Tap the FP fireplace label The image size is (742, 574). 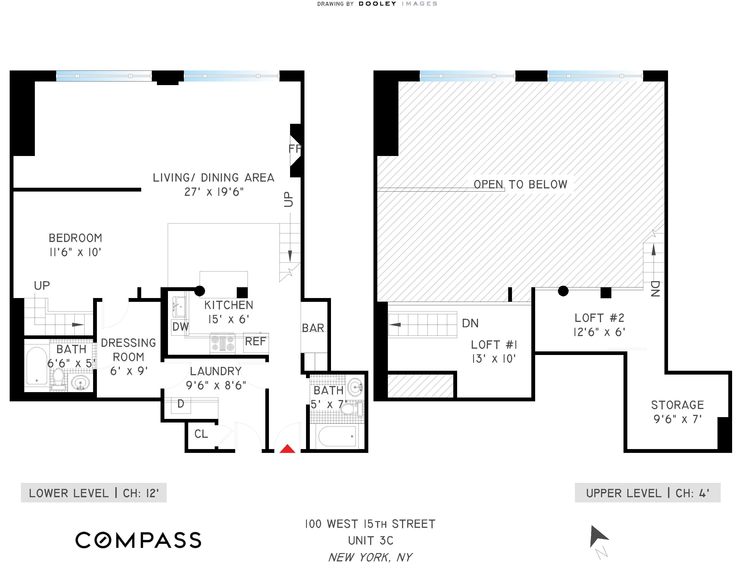click(295, 149)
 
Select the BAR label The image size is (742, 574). click(313, 328)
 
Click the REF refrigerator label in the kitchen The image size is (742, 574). click(255, 341)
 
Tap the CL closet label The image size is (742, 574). click(201, 434)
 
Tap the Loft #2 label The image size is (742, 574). click(599, 318)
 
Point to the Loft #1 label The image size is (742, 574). click(494, 345)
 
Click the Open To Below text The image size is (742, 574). click(521, 185)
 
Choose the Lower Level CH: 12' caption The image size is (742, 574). click(94, 493)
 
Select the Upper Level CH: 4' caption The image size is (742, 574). click(648, 493)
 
